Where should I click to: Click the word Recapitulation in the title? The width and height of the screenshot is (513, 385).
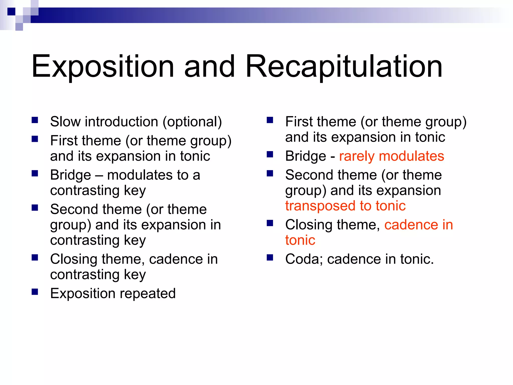pos(344,67)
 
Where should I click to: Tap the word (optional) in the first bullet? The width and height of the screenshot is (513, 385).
pos(192,122)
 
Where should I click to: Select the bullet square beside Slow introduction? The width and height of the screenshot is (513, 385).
pos(35,120)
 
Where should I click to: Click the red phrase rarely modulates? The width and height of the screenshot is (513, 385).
pos(392,156)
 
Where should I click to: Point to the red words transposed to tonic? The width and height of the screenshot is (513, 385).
pos(345,206)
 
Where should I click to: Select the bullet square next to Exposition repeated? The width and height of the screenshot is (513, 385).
pos(35,292)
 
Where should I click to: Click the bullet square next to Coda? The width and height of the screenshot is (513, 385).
pos(270,257)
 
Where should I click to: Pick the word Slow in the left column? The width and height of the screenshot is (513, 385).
pos(65,122)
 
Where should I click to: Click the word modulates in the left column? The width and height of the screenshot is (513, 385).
pos(140,175)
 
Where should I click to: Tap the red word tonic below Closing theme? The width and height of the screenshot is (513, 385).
pos(300,240)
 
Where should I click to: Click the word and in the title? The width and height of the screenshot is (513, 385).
pos(209,67)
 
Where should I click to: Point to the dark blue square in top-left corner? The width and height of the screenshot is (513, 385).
pos(11,12)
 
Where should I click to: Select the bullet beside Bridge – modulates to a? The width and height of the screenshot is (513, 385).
pos(35,173)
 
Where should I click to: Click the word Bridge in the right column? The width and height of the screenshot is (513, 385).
pos(306,156)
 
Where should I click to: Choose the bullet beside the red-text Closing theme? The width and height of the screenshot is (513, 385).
pos(270,223)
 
